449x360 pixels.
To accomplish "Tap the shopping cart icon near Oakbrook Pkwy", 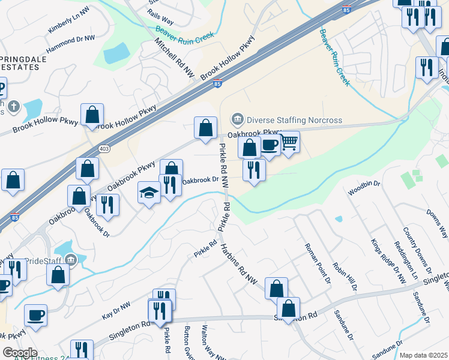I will tap(289, 143).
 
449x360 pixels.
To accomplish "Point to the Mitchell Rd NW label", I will tap(175, 58).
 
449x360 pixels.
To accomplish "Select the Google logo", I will tap(20, 352).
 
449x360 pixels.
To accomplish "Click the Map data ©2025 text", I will tap(423, 355).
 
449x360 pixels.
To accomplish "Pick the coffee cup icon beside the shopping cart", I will tap(270, 145).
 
